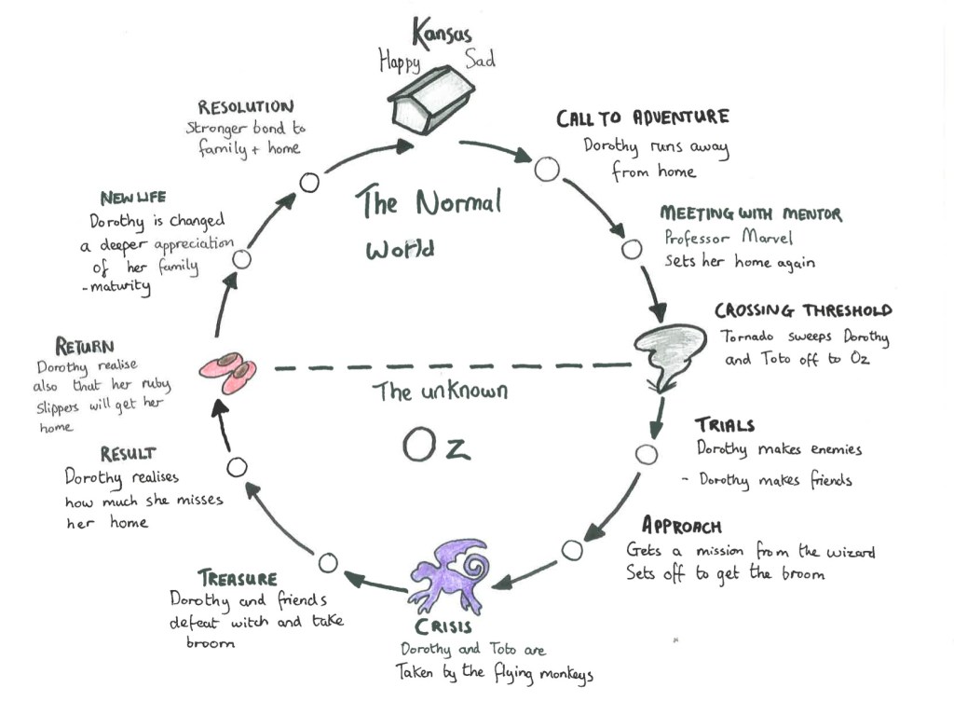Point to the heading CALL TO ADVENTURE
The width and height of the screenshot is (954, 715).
[642, 118]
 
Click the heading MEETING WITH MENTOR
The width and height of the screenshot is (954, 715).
[750, 214]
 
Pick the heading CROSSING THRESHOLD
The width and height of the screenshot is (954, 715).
[802, 310]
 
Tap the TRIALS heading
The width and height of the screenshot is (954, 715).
[724, 426]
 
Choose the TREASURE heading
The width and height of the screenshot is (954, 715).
[237, 578]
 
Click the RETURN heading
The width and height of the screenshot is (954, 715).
[85, 347]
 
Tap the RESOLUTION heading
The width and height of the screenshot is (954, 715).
[245, 107]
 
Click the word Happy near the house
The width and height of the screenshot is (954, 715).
[400, 62]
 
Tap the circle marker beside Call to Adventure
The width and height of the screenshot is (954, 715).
[546, 169]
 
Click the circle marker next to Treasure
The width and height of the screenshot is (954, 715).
[327, 562]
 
